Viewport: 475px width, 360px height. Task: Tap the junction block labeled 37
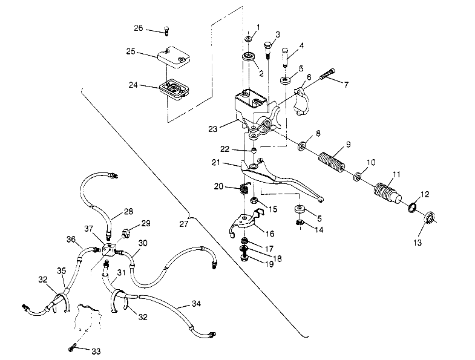coord(110,249)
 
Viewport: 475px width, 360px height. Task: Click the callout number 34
coord(195,303)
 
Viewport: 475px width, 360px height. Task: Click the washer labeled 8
coord(301,146)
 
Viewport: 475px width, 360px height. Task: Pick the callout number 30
coord(143,243)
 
